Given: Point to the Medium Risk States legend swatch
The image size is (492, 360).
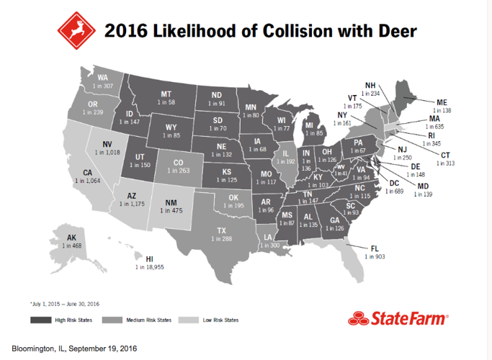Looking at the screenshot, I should (111, 320).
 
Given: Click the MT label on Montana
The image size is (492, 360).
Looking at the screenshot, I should (166, 94).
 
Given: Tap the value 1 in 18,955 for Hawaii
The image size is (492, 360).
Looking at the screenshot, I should (148, 266).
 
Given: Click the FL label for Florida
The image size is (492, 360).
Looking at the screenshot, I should (375, 248).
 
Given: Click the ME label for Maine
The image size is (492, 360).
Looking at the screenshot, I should (442, 103).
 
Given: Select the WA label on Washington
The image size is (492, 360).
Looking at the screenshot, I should (103, 78).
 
